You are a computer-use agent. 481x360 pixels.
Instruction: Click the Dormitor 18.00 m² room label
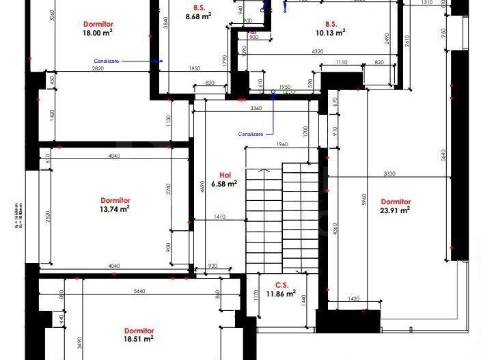98,27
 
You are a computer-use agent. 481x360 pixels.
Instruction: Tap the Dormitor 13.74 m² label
115,205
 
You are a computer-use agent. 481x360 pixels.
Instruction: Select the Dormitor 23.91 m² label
395,206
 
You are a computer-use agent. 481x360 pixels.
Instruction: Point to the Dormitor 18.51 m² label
139,334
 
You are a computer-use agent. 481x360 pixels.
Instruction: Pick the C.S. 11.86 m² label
281,290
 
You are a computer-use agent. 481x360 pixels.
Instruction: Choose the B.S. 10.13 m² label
331,27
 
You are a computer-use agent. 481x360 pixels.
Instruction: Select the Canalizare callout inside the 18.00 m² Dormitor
107,61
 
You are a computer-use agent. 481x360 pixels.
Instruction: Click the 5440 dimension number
140,291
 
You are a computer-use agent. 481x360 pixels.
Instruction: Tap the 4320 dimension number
317,52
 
